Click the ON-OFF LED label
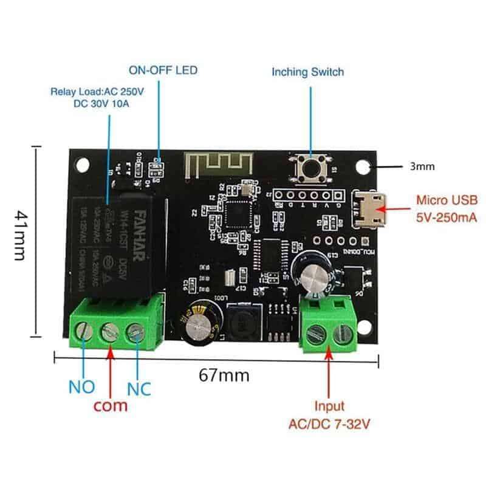coord(163,70)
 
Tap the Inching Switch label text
coord(307,72)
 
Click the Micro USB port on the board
coord(370,210)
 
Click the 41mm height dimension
coord(19,236)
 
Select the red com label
coord(111,405)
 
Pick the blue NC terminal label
coord(139,387)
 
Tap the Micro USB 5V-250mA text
coord(447,207)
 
